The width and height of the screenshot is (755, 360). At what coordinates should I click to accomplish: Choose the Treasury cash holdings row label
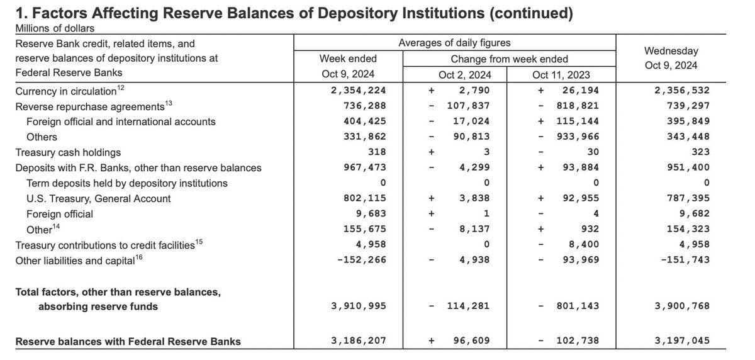[x=68, y=152]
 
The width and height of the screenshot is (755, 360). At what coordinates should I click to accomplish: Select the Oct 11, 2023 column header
[x=563, y=75]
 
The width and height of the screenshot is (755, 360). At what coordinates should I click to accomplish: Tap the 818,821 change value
[x=576, y=106]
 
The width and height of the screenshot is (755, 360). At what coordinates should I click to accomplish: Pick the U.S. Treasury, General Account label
[x=99, y=198]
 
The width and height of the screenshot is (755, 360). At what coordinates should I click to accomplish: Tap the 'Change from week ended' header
[x=510, y=59]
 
